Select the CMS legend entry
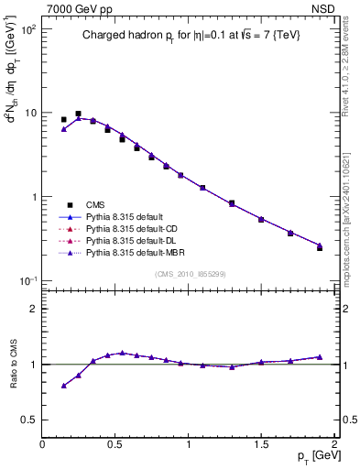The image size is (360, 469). (x=95, y=204)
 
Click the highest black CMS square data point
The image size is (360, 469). (x=78, y=114)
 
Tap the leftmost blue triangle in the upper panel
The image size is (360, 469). (x=63, y=129)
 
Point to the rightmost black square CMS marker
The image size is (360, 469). (x=320, y=247)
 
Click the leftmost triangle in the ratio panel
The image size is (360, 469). (x=63, y=386)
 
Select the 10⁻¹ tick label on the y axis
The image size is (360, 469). (x=27, y=280)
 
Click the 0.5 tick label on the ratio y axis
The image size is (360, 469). (x=28, y=420)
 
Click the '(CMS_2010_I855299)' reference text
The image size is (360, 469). (x=190, y=273)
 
